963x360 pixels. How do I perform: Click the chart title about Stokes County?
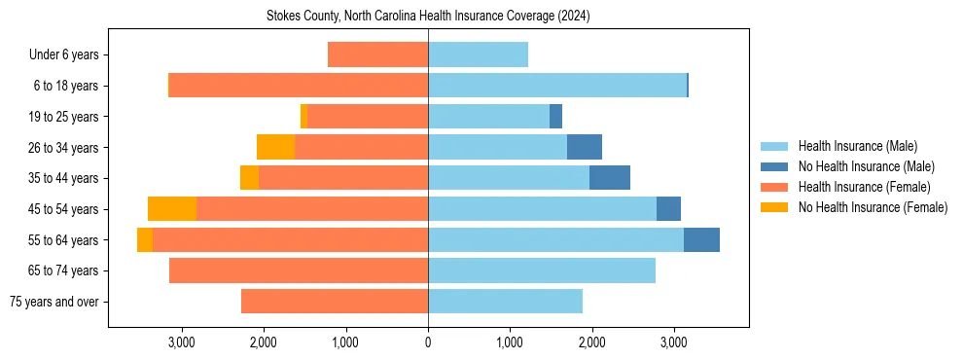pos(428,17)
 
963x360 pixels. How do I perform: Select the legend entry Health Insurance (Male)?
pos(857,146)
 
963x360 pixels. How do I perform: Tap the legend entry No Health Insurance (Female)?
pos(873,207)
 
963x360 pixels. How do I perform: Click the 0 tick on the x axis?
pos(428,342)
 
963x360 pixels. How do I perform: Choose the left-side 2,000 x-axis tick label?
pos(264,342)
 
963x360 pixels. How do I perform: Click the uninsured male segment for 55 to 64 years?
pos(701,239)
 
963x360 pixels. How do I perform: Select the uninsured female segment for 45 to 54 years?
pos(172,209)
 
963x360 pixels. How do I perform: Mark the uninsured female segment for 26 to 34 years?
pos(275,147)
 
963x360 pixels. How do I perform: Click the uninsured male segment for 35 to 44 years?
pos(610,178)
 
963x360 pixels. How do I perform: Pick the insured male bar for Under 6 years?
pos(478,55)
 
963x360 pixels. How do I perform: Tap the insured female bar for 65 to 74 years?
pos(299,270)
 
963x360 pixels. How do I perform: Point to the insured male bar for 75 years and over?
pos(505,302)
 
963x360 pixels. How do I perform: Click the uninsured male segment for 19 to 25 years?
pos(555,117)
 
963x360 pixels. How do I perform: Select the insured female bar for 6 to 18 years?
pos(299,86)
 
